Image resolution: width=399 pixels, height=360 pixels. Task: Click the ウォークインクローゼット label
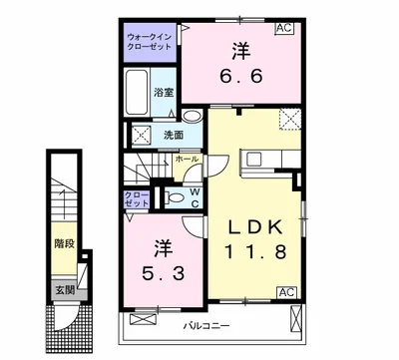[x=150, y=42]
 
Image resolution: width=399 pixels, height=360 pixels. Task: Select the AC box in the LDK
[x=286, y=292]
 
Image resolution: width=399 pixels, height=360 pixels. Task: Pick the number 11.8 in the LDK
[x=256, y=251]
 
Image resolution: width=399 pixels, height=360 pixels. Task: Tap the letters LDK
[x=255, y=227]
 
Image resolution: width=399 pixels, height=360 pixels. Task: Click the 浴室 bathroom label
[x=164, y=93]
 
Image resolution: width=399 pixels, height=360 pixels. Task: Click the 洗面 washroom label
[x=174, y=136]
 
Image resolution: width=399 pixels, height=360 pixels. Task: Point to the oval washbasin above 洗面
[x=193, y=117]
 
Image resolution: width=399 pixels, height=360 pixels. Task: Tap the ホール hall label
[x=187, y=160]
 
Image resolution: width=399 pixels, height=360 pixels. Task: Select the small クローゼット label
[x=137, y=199]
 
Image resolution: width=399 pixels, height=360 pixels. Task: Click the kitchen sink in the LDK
[x=255, y=159]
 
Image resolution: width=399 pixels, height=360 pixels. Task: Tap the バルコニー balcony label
[x=206, y=326]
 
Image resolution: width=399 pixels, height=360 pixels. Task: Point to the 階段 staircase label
[x=64, y=244]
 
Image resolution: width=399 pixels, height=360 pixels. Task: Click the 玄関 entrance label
[x=65, y=291]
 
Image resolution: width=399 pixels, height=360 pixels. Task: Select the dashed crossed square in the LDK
[x=290, y=119]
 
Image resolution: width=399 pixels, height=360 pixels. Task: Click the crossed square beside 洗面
[x=142, y=136]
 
